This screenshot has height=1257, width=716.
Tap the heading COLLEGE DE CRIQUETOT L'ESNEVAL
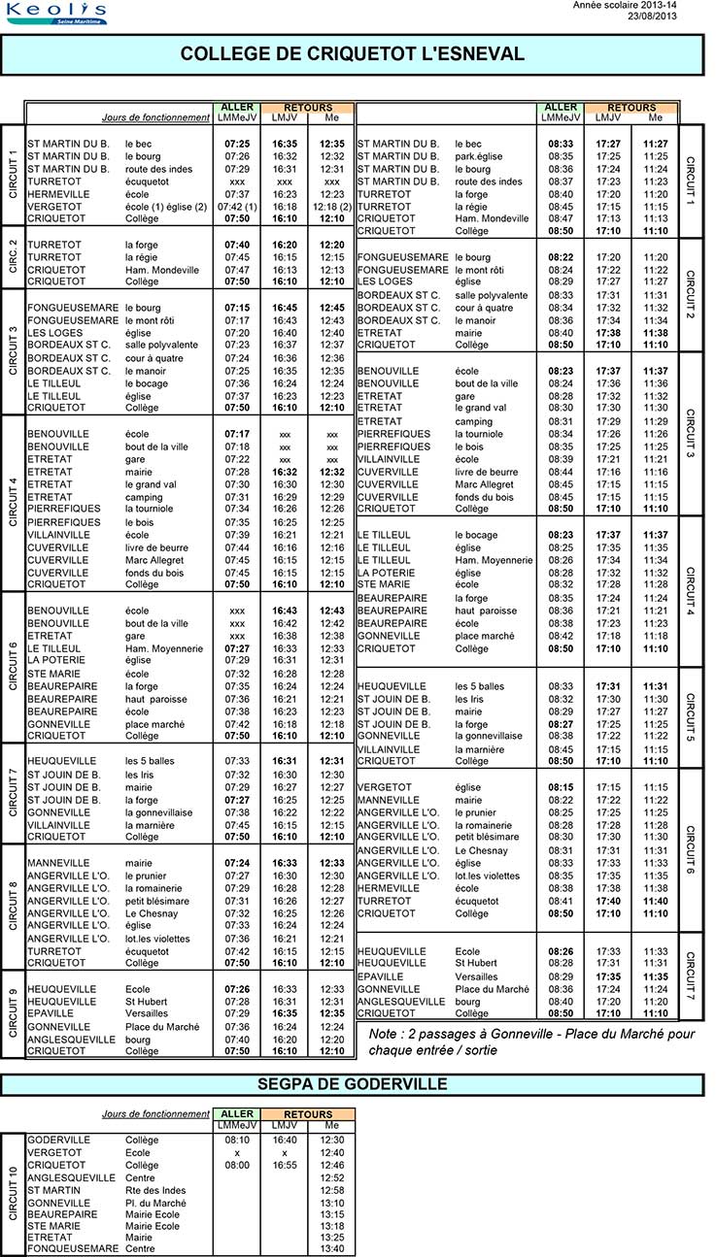click(x=352, y=54)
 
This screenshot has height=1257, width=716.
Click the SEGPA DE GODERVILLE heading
click(x=352, y=1083)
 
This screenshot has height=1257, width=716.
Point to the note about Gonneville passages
click(x=532, y=1042)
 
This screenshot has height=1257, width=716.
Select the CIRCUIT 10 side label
click(x=13, y=1193)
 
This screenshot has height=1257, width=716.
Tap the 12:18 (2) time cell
click(x=332, y=207)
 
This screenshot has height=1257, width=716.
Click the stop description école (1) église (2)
click(x=166, y=207)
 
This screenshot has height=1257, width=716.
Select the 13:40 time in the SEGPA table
click(x=332, y=1248)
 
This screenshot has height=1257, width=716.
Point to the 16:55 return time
click(x=285, y=1165)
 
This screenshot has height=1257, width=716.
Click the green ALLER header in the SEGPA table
click(x=237, y=1114)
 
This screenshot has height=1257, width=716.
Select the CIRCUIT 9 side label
click(x=13, y=1012)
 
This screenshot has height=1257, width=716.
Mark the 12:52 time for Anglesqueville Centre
click(x=332, y=1177)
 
